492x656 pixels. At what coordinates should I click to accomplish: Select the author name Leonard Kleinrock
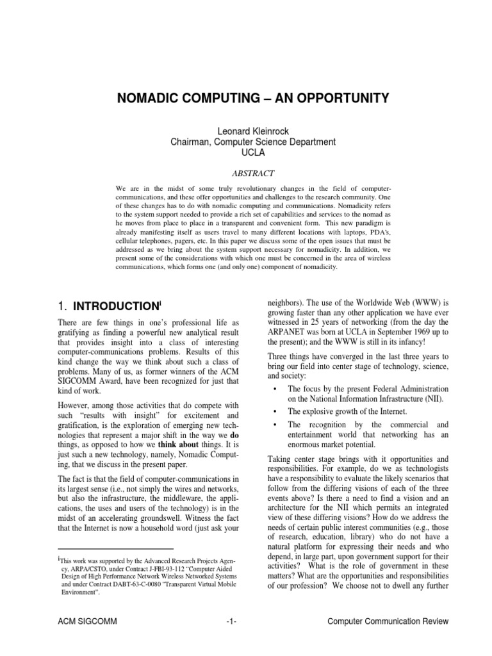[246, 131]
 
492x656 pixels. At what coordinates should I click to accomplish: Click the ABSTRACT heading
[246, 172]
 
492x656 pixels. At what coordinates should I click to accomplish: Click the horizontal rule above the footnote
[115, 549]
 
